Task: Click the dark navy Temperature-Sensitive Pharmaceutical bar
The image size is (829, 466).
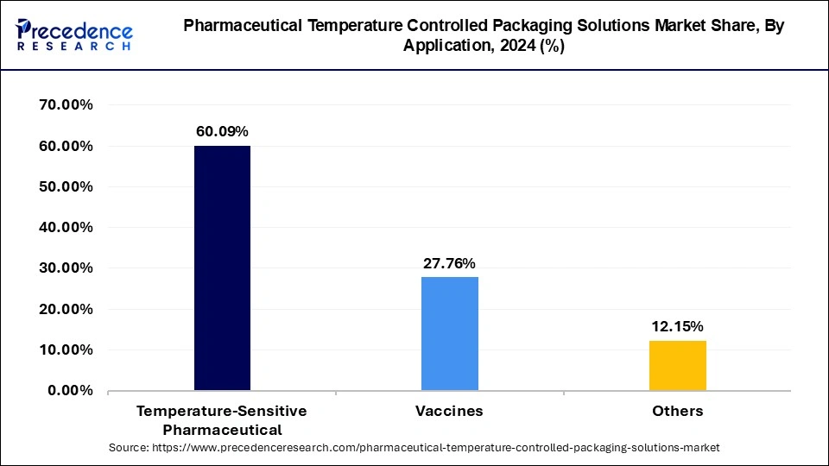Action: pyautogui.click(x=222, y=268)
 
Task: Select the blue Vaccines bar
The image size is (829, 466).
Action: pyautogui.click(x=449, y=333)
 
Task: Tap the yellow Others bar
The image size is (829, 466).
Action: pyautogui.click(x=677, y=365)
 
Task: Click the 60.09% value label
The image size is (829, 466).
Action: pyautogui.click(x=222, y=131)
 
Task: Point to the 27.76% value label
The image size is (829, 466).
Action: pyautogui.click(x=449, y=262)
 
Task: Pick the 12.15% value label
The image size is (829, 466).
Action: pyautogui.click(x=677, y=326)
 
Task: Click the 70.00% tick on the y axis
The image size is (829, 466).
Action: pyautogui.click(x=66, y=105)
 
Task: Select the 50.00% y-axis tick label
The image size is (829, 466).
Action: pyautogui.click(x=66, y=187)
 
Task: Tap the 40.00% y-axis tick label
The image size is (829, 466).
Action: pyautogui.click(x=66, y=228)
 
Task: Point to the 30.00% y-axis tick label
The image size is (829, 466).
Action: pyautogui.click(x=66, y=268)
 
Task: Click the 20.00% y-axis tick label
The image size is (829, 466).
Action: pyautogui.click(x=66, y=309)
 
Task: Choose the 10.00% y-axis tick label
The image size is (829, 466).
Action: pyautogui.click(x=66, y=349)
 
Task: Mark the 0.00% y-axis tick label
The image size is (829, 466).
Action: pyautogui.click(x=71, y=390)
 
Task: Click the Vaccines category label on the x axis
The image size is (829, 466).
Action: pyautogui.click(x=449, y=411)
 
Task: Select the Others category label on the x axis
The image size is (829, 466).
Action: pyautogui.click(x=677, y=411)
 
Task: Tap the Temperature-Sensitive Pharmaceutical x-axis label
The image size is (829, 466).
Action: pyautogui.click(x=221, y=419)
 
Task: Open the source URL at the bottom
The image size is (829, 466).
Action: pyautogui.click(x=435, y=448)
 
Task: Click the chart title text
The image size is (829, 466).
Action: pyautogui.click(x=484, y=36)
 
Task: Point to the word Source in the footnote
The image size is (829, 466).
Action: pyautogui.click(x=128, y=448)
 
